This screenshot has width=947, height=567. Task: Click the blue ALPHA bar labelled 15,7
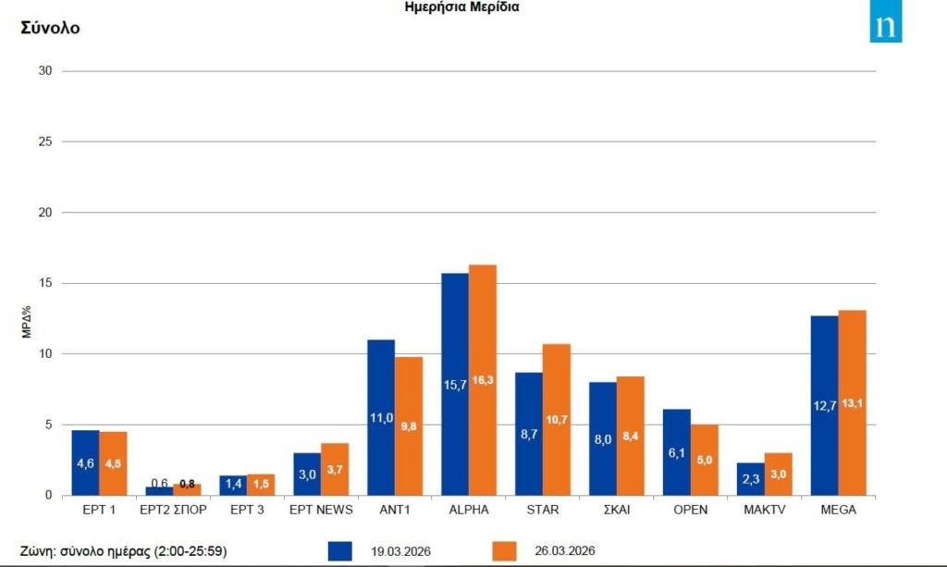(455, 384)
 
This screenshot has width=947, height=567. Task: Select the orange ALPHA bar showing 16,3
(483, 380)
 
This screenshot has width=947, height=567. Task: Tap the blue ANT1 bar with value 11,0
(381, 417)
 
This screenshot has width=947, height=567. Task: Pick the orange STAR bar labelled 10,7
(557, 419)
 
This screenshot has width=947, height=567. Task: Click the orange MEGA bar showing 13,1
(853, 402)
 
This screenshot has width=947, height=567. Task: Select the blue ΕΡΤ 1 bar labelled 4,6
(85, 462)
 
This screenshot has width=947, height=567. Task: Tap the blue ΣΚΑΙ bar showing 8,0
(603, 438)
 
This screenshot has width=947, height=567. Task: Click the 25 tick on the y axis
(44, 142)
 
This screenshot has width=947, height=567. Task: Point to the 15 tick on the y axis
(44, 283)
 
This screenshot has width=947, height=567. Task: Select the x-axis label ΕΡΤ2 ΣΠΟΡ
(173, 510)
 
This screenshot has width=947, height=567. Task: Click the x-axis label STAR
(543, 510)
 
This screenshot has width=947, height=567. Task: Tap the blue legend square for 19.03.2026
(340, 550)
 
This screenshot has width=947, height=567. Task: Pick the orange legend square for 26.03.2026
(504, 550)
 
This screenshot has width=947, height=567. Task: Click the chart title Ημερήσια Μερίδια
(462, 7)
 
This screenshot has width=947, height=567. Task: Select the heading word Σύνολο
(51, 28)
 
